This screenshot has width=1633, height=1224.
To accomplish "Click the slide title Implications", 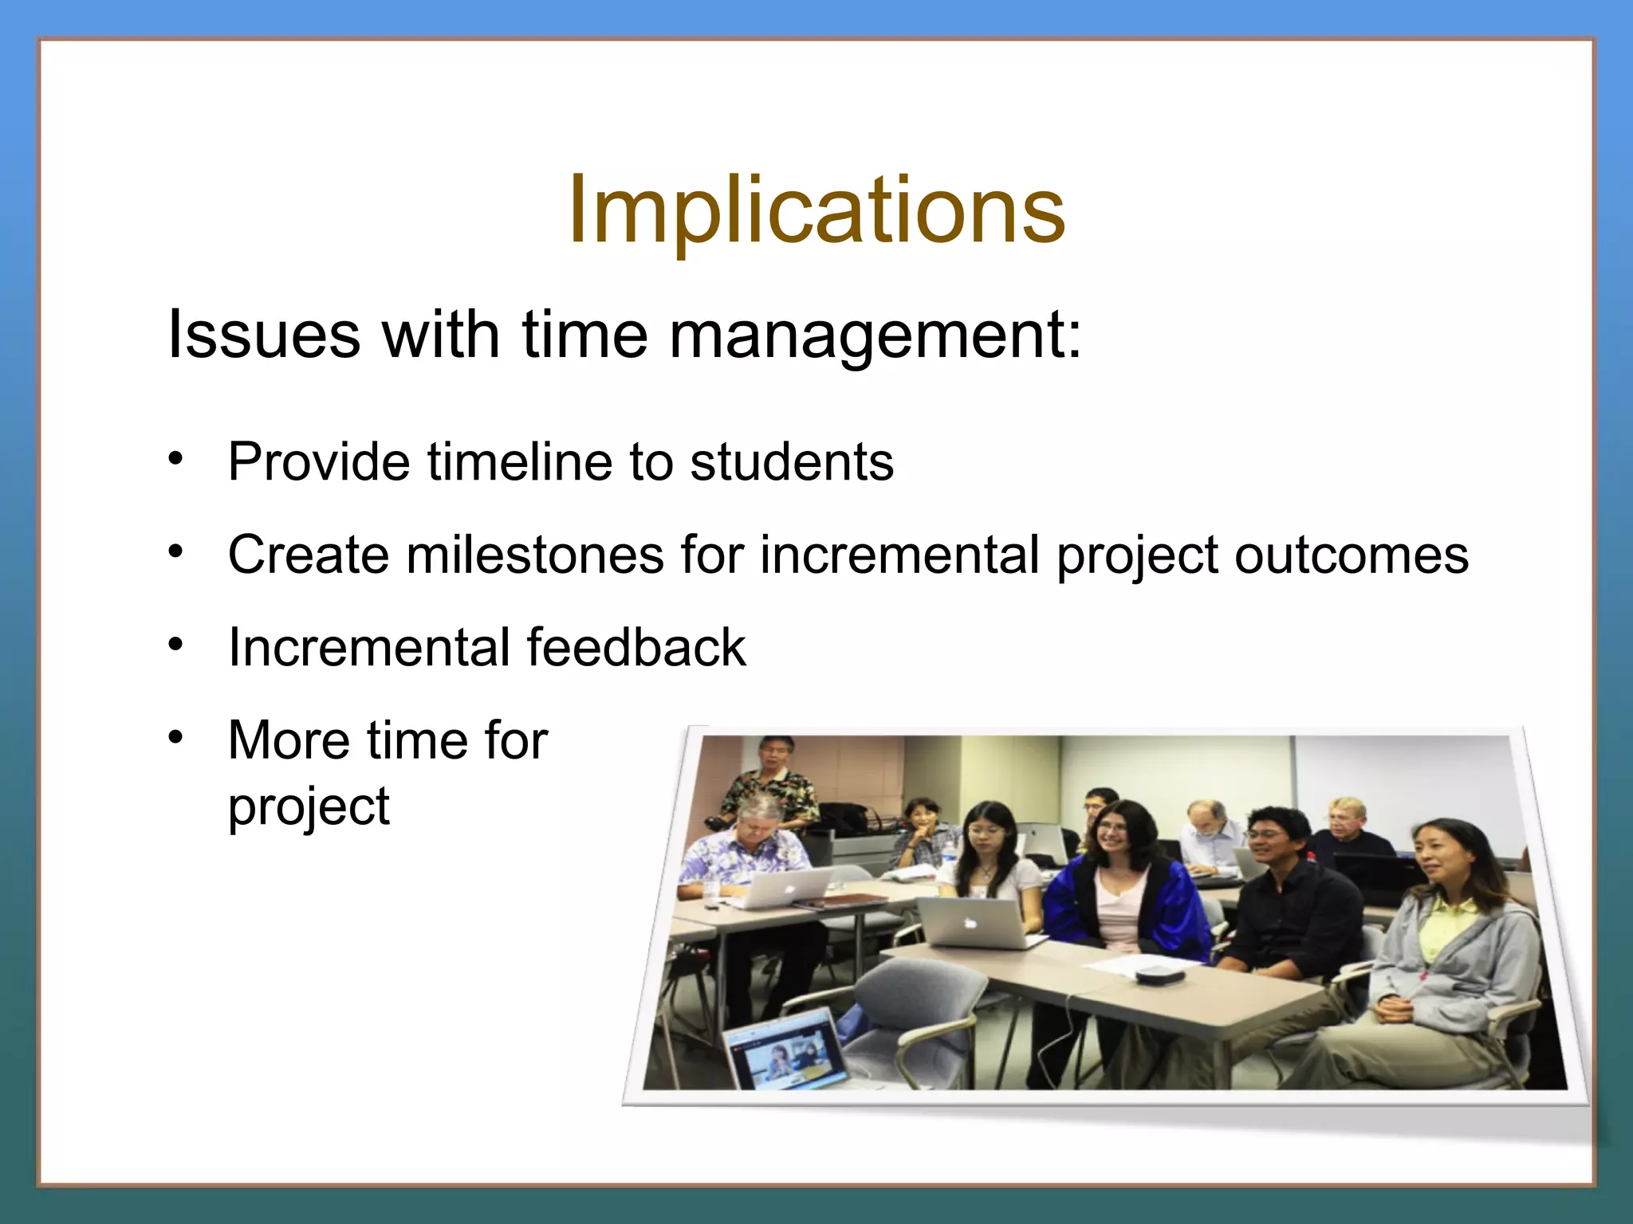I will (816, 211).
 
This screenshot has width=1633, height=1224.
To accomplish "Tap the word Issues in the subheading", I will (263, 335).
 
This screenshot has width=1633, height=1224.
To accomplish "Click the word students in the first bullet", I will (792, 462).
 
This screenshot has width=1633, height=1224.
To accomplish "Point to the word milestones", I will (534, 555).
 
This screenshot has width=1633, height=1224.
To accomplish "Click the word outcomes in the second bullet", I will (1351, 555).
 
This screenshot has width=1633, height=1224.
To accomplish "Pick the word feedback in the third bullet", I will (635, 647).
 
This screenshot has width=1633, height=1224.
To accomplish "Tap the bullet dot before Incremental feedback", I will (176, 642).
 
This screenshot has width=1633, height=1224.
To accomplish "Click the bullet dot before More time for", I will (176, 736).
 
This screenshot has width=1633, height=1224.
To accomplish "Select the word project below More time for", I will (309, 807).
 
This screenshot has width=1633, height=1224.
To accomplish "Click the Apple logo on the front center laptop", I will (970, 923).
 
